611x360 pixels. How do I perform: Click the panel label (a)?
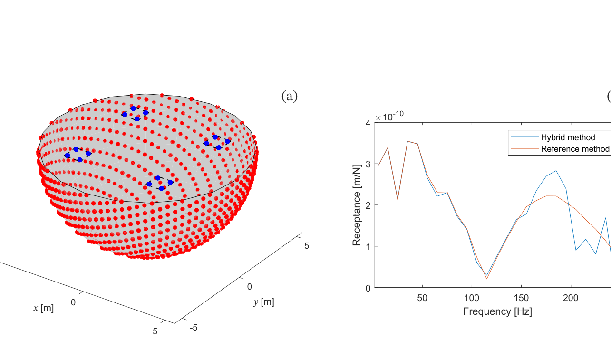coord(289,97)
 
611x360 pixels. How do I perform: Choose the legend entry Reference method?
coord(575,149)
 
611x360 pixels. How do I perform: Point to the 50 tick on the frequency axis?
coord(422,298)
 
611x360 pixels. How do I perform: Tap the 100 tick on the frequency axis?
coord(472,298)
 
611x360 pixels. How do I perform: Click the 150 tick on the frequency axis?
coord(521,298)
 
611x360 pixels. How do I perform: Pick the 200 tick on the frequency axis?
coord(571,298)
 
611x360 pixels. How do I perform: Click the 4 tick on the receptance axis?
coord(368,123)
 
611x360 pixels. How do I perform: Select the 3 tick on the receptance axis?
coord(368,164)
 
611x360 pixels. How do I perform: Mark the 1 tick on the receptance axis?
coord(368,246)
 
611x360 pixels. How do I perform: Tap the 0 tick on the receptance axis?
coord(368,288)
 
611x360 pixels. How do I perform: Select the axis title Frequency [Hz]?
coord(497,311)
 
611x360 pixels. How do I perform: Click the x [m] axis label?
coord(43,308)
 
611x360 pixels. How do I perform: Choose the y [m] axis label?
coord(263,302)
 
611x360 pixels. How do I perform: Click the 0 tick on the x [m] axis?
coord(73,289)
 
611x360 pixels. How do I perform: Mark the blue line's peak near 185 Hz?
coord(556,171)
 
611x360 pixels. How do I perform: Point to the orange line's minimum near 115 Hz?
coord(486,279)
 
